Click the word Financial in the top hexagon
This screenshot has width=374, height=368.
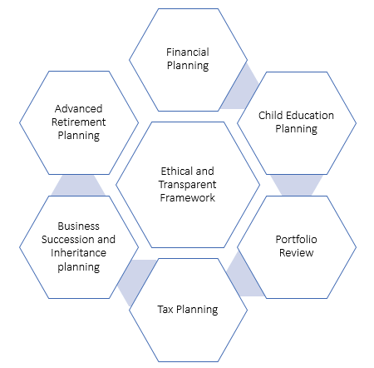pyautogui.click(x=188, y=52)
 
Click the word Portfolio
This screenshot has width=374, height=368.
pyautogui.click(x=296, y=239)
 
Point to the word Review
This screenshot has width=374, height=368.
pyautogui.click(x=296, y=253)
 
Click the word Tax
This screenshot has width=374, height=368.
pyautogui.click(x=165, y=309)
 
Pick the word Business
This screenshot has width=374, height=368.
pyautogui.click(x=78, y=226)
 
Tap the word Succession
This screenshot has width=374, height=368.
pyautogui.click(x=66, y=240)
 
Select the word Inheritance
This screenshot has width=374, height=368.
pyautogui.click(x=78, y=253)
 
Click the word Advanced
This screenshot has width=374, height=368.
pyautogui.click(x=79, y=108)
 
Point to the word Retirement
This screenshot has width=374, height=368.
pyautogui.click(x=79, y=122)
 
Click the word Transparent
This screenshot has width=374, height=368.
pyautogui.click(x=188, y=185)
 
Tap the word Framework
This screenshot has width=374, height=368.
pyautogui.click(x=188, y=198)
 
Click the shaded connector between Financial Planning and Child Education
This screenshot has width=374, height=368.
pyautogui.click(x=240, y=89)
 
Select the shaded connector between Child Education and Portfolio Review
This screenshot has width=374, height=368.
pyautogui.click(x=297, y=185)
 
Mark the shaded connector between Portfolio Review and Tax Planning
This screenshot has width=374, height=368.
pyautogui.click(x=244, y=275)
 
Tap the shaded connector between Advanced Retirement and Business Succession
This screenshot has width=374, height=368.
pyautogui.click(x=78, y=185)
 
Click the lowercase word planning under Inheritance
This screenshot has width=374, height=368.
pyautogui.click(x=79, y=267)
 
